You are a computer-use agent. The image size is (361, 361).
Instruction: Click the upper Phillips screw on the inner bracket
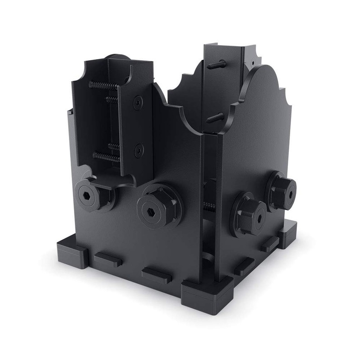pos(138,102)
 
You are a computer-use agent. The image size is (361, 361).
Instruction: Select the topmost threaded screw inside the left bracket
pos(103,84)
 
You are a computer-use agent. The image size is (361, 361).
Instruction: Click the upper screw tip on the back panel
pos(216,64)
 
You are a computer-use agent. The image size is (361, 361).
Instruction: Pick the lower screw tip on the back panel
pos(216,118)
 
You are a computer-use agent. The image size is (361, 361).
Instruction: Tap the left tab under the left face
pos(108,260)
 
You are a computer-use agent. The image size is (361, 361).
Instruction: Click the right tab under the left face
pos(156,275)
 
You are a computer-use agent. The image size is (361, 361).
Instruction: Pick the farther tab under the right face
pos(270,245)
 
